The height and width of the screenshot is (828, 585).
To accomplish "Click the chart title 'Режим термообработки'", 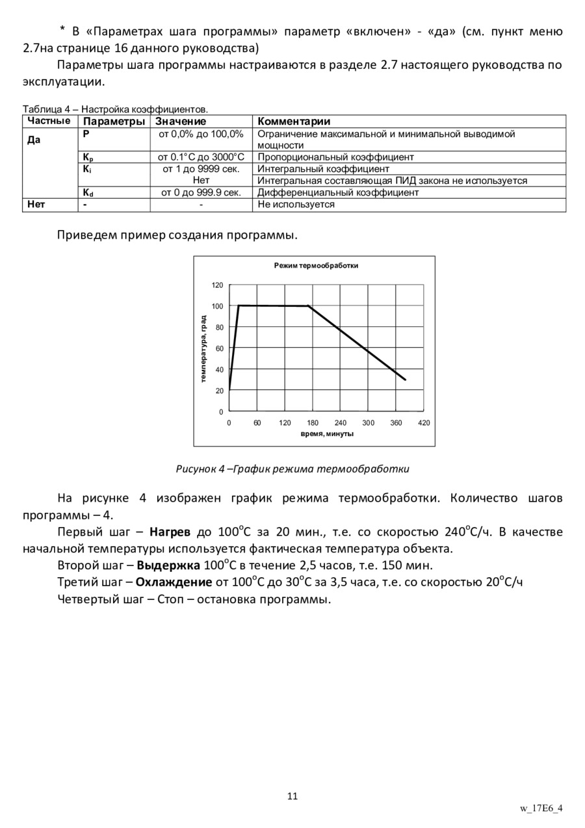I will click(x=316, y=265).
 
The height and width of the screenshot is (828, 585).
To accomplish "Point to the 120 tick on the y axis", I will click(x=217, y=285).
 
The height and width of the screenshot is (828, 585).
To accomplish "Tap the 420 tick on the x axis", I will click(x=424, y=423).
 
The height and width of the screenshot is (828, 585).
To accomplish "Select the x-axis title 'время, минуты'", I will click(x=327, y=433).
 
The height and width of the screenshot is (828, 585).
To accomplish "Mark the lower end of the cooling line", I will click(x=406, y=380).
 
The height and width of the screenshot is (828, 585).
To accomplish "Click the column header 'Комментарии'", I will click(x=294, y=122).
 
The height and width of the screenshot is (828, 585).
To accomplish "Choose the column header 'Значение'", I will click(x=181, y=122).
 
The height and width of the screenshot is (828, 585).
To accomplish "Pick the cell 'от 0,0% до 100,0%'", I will click(x=201, y=134).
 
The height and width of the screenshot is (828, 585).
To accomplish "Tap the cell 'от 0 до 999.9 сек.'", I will click(x=201, y=192).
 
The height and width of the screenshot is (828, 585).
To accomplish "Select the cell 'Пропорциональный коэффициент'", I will click(x=335, y=157).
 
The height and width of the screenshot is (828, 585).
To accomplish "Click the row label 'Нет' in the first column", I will click(x=36, y=204).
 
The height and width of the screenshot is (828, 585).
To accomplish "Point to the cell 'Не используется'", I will click(x=296, y=204).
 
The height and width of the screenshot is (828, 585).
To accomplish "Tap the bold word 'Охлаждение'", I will click(x=174, y=582).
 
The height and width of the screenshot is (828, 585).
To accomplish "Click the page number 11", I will click(x=292, y=796).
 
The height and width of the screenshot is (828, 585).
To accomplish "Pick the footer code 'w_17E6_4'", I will click(x=541, y=808).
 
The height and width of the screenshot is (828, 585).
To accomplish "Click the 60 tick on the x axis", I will click(x=257, y=423).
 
